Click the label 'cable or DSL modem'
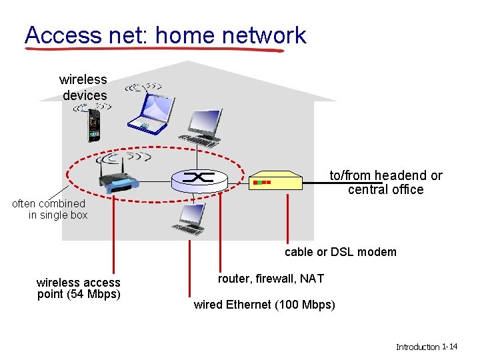(x=340, y=252)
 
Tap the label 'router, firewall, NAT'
(x=271, y=279)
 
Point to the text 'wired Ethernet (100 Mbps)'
(x=264, y=305)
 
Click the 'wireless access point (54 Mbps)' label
(x=79, y=288)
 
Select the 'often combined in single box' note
(x=50, y=209)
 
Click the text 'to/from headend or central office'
(x=385, y=183)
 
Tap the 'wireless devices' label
(x=84, y=87)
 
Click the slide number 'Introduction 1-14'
(x=426, y=347)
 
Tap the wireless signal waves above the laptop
(x=144, y=87)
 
